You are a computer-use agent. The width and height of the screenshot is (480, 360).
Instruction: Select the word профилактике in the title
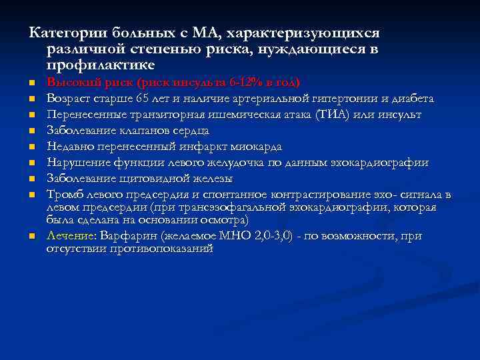(101, 65)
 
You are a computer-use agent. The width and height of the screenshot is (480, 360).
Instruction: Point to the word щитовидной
(152, 179)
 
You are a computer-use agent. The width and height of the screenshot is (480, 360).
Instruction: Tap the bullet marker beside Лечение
(31, 237)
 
